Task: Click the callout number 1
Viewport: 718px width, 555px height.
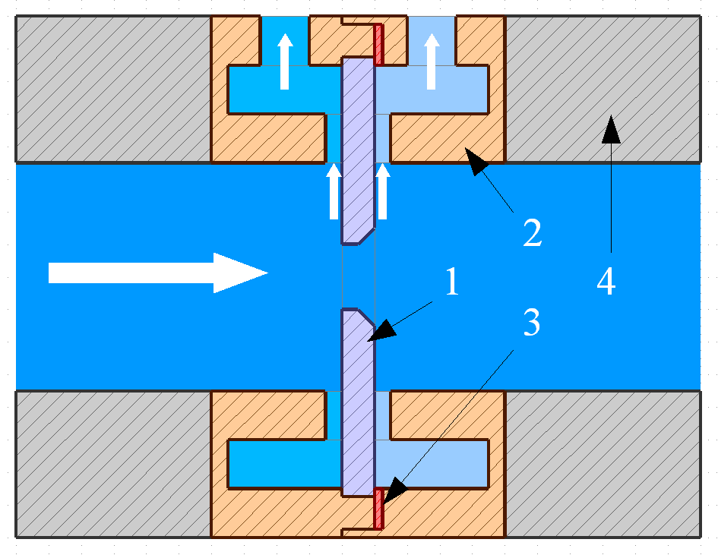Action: (452, 282)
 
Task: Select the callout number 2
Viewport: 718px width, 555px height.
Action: (533, 232)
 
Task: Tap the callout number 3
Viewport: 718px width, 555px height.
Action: (532, 322)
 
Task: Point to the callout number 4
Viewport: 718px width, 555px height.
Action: (606, 281)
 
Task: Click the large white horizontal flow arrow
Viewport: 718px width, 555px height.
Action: (158, 273)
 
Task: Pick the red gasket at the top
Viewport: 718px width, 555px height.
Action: (378, 44)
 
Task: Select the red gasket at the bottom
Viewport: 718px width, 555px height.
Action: (378, 509)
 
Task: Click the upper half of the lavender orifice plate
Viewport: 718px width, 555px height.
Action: (358, 151)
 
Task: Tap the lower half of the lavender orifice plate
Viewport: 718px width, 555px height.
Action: (358, 402)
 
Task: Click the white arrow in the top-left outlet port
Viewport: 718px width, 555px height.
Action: (285, 61)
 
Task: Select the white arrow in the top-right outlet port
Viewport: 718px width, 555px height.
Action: (432, 61)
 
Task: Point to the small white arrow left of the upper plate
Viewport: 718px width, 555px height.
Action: (334, 191)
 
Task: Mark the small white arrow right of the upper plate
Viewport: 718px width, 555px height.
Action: (382, 191)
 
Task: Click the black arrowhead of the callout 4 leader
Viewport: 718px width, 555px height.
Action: (611, 129)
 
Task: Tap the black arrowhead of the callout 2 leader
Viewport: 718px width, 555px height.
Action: (476, 161)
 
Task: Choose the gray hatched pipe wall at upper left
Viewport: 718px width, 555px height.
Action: (113, 90)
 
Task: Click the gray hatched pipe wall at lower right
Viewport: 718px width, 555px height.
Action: (603, 464)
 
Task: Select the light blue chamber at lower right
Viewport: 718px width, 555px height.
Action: (432, 463)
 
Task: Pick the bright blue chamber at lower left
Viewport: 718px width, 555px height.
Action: (285, 463)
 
